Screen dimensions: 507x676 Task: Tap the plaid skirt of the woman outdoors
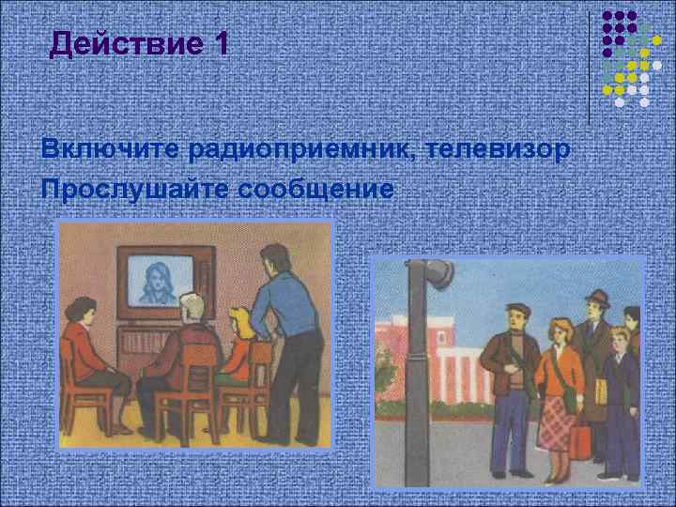pos(558,421)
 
